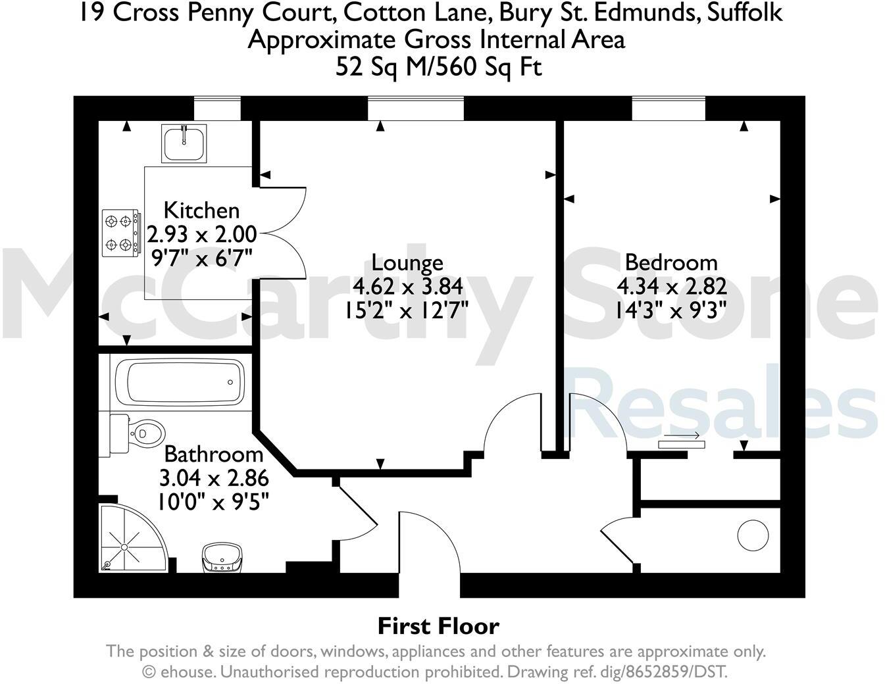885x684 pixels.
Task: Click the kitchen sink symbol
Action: click(x=184, y=143)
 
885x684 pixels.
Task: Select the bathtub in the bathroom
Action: click(x=179, y=382)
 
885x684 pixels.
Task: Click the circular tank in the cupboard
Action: click(x=753, y=536)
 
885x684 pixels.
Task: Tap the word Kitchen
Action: click(x=201, y=210)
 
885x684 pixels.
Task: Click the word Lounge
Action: click(x=407, y=262)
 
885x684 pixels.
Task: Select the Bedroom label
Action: click(x=671, y=262)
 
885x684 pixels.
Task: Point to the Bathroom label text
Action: click(x=213, y=454)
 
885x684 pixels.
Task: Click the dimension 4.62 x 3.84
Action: click(x=407, y=286)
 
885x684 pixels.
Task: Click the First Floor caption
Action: click(x=438, y=625)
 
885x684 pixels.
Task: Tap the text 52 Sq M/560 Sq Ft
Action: click(x=438, y=66)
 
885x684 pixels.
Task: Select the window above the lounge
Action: click(x=416, y=108)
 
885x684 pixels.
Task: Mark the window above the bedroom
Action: click(x=669, y=108)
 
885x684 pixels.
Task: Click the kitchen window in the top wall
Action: click(x=217, y=108)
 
